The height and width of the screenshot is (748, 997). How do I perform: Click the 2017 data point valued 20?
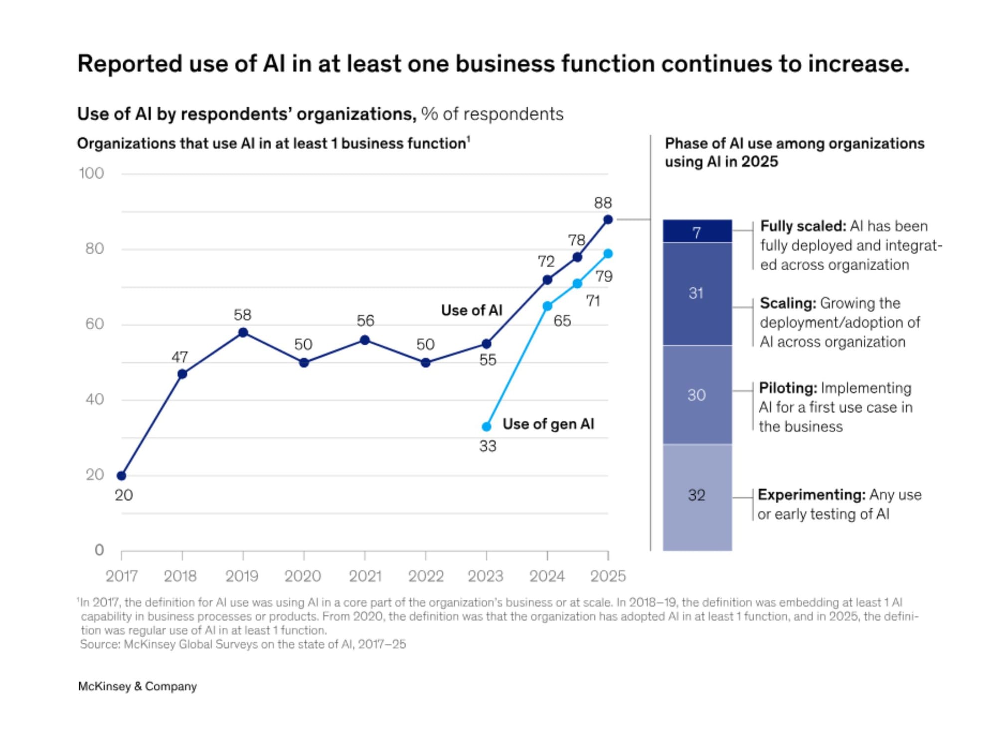point(122,476)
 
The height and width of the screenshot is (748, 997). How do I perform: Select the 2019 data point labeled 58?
point(243,333)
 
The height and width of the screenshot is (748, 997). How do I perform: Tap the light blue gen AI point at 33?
point(487,426)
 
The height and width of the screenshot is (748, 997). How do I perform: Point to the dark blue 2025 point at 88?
point(608,219)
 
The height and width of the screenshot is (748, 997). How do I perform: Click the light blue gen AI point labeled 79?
point(608,254)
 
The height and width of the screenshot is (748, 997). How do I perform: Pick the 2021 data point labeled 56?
point(365,340)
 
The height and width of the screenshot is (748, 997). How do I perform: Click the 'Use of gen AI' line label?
point(548,424)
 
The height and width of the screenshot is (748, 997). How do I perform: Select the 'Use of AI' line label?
point(472,310)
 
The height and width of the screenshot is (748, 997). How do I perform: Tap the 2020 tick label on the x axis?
point(303,576)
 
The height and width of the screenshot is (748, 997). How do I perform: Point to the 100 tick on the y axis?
point(91,174)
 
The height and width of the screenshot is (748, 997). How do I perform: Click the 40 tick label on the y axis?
point(94,399)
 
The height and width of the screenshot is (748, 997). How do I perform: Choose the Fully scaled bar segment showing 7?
point(697,231)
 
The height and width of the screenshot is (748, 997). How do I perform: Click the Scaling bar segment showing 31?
point(697,294)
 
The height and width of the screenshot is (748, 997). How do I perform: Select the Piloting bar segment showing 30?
point(697,395)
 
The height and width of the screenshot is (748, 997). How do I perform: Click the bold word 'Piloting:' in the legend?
point(788,388)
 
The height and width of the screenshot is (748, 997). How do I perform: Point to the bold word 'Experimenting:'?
point(812,495)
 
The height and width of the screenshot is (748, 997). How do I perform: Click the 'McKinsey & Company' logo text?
point(138,687)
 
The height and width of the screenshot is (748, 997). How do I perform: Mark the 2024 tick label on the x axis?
point(547,576)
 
